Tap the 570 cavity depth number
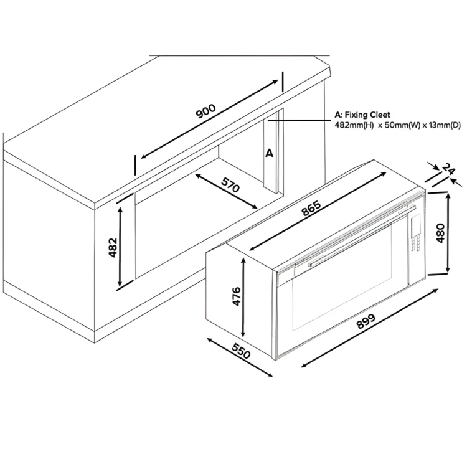pos(230,185)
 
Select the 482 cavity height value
pos(113,247)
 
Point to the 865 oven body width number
pos(311,208)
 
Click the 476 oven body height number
pos(237,296)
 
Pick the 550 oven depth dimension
pos(241,351)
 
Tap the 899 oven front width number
pos(366,321)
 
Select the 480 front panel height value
pos(440,233)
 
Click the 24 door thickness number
pos(448,169)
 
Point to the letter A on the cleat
pos(269,153)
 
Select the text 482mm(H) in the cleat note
pos(354,125)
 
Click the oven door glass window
pos(342,277)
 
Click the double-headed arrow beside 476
pos(243,297)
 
